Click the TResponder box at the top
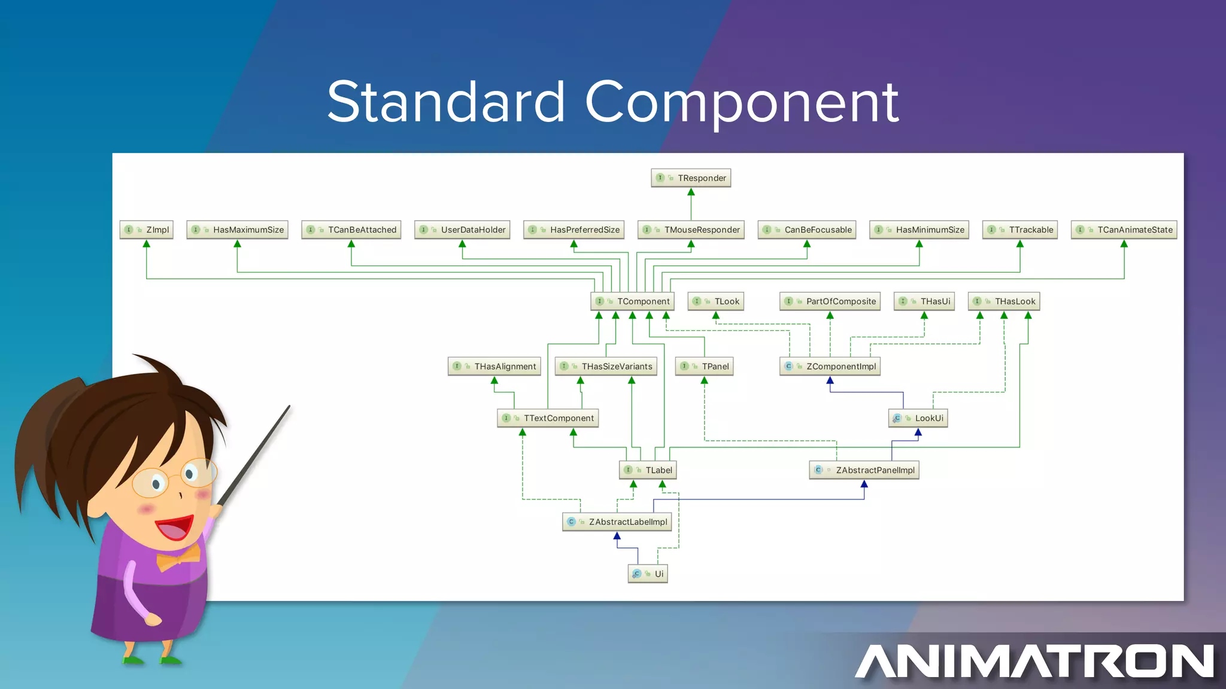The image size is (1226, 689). (691, 178)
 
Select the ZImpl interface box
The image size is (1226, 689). (147, 230)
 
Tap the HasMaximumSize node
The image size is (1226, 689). (238, 230)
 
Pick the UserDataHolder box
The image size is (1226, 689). (462, 230)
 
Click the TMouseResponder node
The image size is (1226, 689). (691, 230)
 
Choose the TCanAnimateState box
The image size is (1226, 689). (1124, 230)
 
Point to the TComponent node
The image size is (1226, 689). (632, 301)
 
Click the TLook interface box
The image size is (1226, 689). (716, 301)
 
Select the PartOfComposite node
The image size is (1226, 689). (830, 301)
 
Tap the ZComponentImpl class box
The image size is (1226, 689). (830, 367)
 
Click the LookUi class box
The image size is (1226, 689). (918, 418)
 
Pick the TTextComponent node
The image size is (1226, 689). (548, 418)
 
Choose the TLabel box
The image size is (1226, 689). (648, 470)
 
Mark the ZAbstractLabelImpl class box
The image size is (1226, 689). (617, 522)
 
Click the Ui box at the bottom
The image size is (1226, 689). (648, 574)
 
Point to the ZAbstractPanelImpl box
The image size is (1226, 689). (864, 470)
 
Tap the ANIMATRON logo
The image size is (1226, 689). (1034, 661)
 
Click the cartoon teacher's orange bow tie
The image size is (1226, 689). (178, 558)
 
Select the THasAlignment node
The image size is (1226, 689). (494, 367)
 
